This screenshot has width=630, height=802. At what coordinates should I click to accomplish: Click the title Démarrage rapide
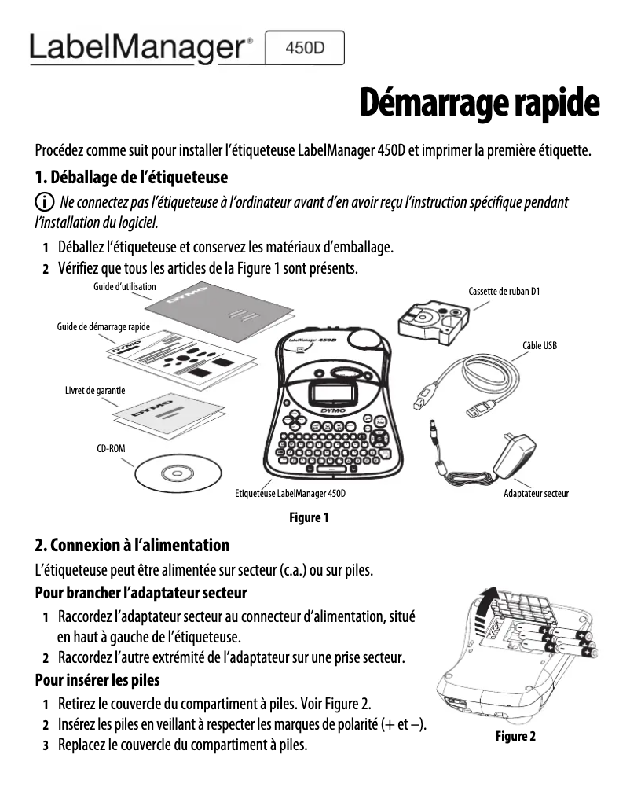tap(479, 103)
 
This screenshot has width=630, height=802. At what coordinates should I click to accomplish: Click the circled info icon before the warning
tap(46, 202)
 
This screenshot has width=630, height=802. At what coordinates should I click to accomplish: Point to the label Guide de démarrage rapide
tap(104, 326)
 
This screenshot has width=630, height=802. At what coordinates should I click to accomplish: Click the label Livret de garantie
tap(95, 390)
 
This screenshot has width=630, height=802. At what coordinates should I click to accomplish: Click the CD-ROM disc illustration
tap(174, 473)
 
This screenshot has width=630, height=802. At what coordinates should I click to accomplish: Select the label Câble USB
tap(539, 345)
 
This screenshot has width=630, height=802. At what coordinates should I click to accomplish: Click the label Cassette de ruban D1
tap(504, 292)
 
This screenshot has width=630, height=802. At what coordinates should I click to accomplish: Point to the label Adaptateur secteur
tap(536, 494)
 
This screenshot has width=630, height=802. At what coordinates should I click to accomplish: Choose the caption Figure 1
tap(309, 517)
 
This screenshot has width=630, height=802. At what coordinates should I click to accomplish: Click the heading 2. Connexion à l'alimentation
tap(133, 545)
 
